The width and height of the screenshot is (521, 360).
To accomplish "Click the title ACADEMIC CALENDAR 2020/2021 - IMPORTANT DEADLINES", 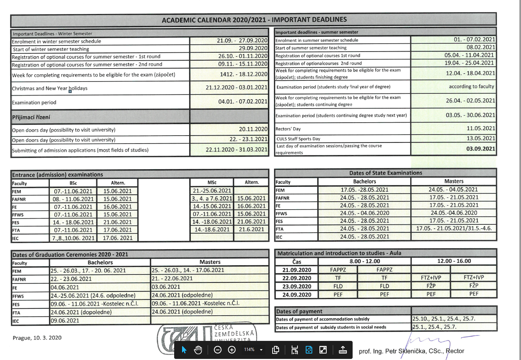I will (x=254, y=20).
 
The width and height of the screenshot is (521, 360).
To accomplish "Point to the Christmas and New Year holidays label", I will (x=50, y=88).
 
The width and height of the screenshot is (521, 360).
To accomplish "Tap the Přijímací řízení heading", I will (x=31, y=117).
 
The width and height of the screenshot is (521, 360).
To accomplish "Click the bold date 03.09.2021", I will (x=480, y=149).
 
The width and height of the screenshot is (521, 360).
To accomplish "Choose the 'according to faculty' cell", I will (x=471, y=87).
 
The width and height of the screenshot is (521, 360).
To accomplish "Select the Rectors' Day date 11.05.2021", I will (x=481, y=128).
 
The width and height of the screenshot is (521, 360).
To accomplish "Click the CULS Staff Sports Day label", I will (x=298, y=139).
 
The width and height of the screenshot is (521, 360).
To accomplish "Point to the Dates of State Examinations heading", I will (x=385, y=173).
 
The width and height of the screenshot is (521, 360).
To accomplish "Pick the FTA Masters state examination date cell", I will (x=454, y=228).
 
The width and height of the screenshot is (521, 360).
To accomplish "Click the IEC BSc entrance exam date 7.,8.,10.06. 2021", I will (x=73, y=238).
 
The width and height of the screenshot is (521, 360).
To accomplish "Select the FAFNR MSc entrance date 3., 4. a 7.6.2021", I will (x=212, y=198).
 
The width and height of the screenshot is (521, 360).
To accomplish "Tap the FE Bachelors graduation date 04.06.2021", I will (x=65, y=287).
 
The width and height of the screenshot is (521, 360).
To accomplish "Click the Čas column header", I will (x=297, y=262).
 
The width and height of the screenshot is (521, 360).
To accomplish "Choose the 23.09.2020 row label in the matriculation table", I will (x=297, y=286).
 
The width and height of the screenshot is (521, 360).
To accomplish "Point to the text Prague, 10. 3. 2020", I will (x=37, y=338).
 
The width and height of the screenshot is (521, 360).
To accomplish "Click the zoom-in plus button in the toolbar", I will (x=232, y=350).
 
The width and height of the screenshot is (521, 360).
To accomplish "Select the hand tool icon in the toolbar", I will (x=198, y=350).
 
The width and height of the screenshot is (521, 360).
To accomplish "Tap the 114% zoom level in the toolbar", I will (x=249, y=350).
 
